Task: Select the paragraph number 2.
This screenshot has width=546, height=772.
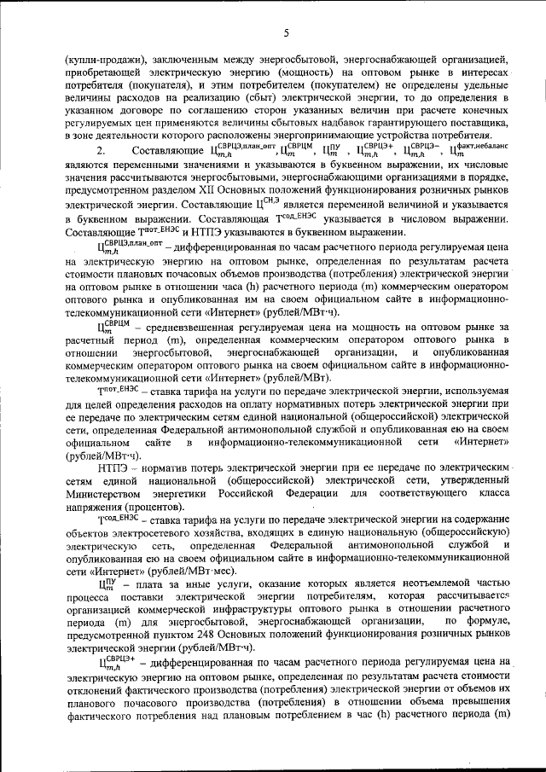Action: [x=101, y=150]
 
